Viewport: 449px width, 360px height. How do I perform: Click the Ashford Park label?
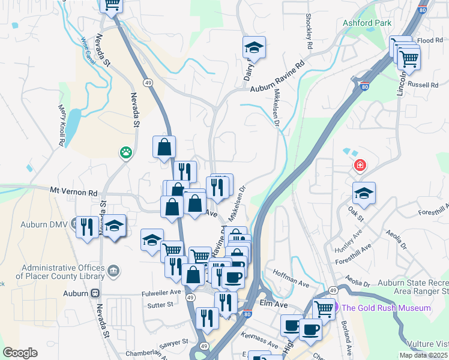[367, 23]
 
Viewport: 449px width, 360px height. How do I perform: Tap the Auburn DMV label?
[51, 224]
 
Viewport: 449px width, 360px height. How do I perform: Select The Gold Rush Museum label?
[386, 308]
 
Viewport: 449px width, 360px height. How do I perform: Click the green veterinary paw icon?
[125, 152]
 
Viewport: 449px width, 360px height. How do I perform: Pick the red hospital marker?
[360, 165]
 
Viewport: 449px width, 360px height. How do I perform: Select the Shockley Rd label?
[309, 31]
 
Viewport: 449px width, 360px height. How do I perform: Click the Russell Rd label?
[423, 85]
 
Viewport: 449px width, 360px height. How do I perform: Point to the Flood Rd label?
[430, 41]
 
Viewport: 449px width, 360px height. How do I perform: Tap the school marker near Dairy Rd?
[254, 47]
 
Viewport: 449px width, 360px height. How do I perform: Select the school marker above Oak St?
[364, 194]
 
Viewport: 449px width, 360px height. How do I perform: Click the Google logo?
[20, 353]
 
